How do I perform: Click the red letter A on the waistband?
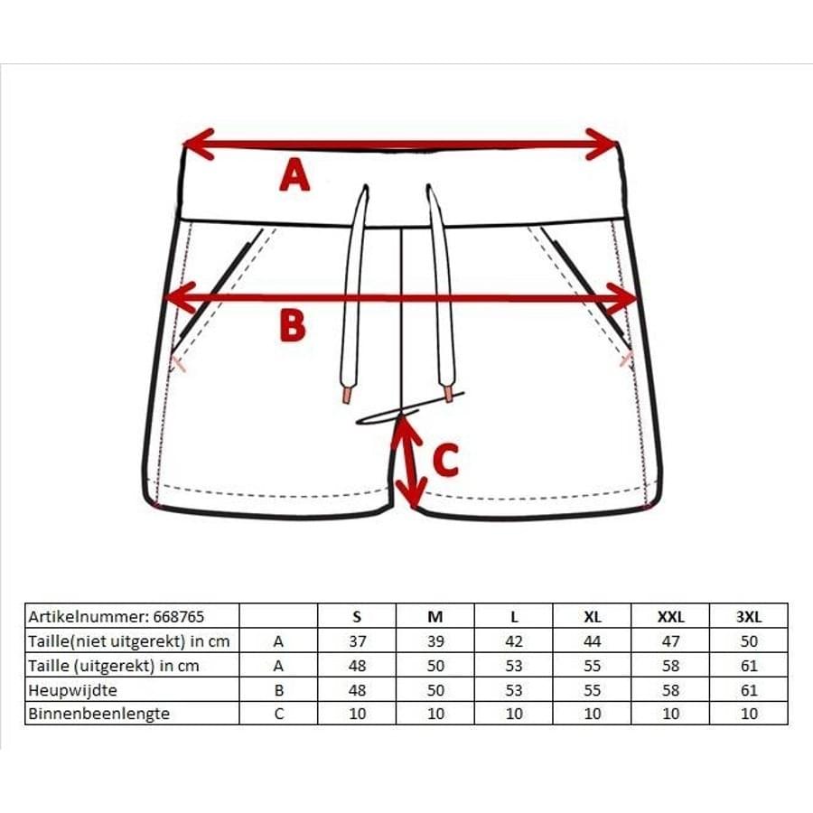click(294, 175)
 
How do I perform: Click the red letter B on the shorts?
click(293, 325)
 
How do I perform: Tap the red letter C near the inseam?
click(446, 460)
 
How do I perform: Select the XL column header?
click(592, 617)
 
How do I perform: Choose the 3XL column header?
click(749, 617)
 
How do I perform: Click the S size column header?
click(357, 617)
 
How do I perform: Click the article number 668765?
click(179, 617)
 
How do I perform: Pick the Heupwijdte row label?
click(72, 691)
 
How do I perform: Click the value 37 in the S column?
click(357, 641)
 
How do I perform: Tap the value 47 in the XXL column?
click(670, 641)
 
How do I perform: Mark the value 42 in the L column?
click(514, 641)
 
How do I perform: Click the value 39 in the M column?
click(435, 641)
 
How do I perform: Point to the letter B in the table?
click(279, 691)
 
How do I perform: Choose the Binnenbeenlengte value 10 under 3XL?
click(749, 714)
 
